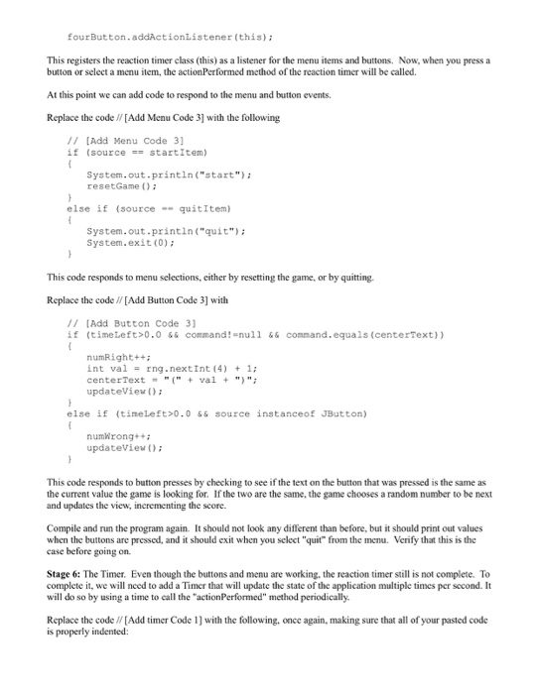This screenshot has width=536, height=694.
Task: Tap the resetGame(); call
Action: (116, 184)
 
